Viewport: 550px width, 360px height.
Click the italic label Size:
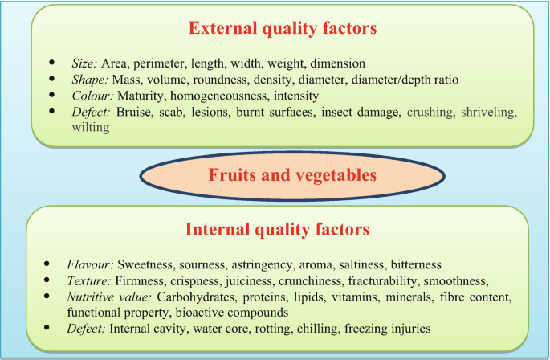point(84,63)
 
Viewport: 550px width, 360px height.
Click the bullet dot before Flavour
point(52,264)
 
